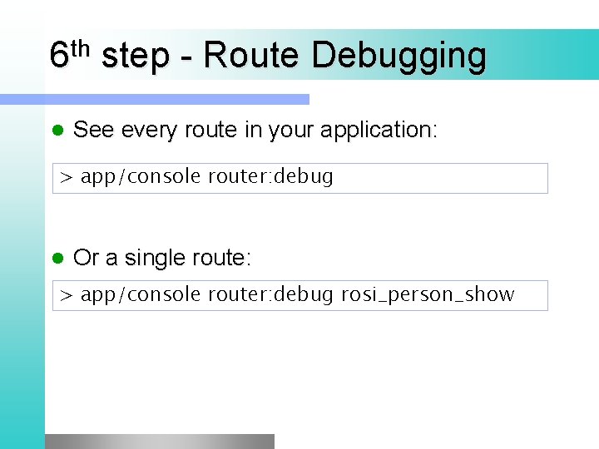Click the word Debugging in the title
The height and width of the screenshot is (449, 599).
(x=399, y=57)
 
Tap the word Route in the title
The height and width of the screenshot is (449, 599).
(x=250, y=56)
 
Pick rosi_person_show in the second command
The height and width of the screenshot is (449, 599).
(x=428, y=294)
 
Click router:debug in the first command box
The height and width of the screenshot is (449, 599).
(x=270, y=177)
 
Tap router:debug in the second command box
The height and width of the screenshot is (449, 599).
(x=270, y=294)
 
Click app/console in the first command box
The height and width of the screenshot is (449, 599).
(x=141, y=177)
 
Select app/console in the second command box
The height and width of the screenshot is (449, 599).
(x=141, y=294)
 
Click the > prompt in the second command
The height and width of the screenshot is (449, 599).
(x=67, y=295)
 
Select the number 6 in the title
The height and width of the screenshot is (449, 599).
(x=58, y=57)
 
